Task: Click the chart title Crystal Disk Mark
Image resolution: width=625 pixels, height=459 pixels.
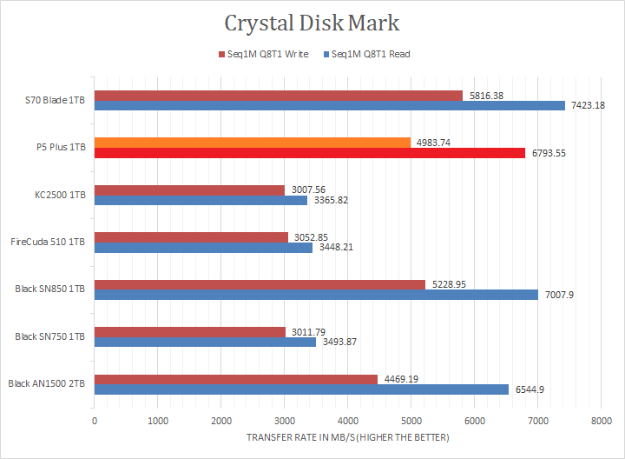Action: click(x=312, y=22)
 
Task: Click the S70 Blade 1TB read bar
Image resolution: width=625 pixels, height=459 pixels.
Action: click(x=330, y=106)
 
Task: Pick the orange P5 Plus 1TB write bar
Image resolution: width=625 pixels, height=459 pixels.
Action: click(x=252, y=143)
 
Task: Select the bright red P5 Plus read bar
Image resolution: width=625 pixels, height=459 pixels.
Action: click(x=310, y=153)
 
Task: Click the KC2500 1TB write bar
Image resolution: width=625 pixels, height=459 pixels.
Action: click(x=189, y=190)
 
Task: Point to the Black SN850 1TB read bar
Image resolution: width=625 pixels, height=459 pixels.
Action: click(x=316, y=294)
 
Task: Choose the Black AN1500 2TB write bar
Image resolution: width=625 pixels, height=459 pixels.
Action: click(x=236, y=378)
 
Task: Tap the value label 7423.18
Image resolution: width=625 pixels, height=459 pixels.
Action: click(x=588, y=106)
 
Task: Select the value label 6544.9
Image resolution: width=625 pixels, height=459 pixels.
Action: click(x=527, y=389)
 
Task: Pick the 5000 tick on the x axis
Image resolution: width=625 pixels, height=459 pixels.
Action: click(x=411, y=421)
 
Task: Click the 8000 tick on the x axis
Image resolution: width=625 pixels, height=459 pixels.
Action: click(x=600, y=421)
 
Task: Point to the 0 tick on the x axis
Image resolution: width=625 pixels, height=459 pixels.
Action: click(x=95, y=421)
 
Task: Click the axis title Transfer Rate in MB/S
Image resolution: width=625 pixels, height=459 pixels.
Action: click(x=348, y=438)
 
